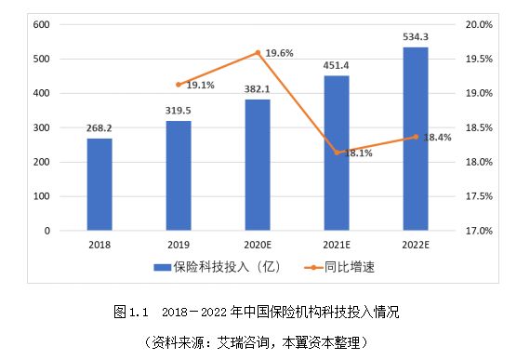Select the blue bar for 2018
click(x=99, y=184)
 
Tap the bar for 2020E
click(x=258, y=164)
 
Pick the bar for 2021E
click(x=337, y=153)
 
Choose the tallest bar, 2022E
click(x=416, y=138)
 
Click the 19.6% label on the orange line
click(x=279, y=54)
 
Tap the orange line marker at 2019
click(x=179, y=85)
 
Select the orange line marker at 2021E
click(x=337, y=153)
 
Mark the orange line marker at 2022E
click(x=416, y=137)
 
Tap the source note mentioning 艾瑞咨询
click(x=264, y=341)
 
